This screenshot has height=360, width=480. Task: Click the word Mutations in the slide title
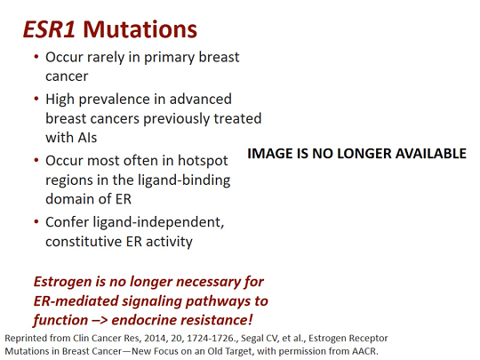click(143, 28)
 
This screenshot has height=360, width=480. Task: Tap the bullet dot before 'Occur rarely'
click(36, 58)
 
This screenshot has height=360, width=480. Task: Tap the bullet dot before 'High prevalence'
click(36, 99)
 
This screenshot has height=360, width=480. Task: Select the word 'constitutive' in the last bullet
click(87, 242)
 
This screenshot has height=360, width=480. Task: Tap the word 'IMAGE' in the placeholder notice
click(271, 154)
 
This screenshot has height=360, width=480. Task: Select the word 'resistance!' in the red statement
click(228, 321)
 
